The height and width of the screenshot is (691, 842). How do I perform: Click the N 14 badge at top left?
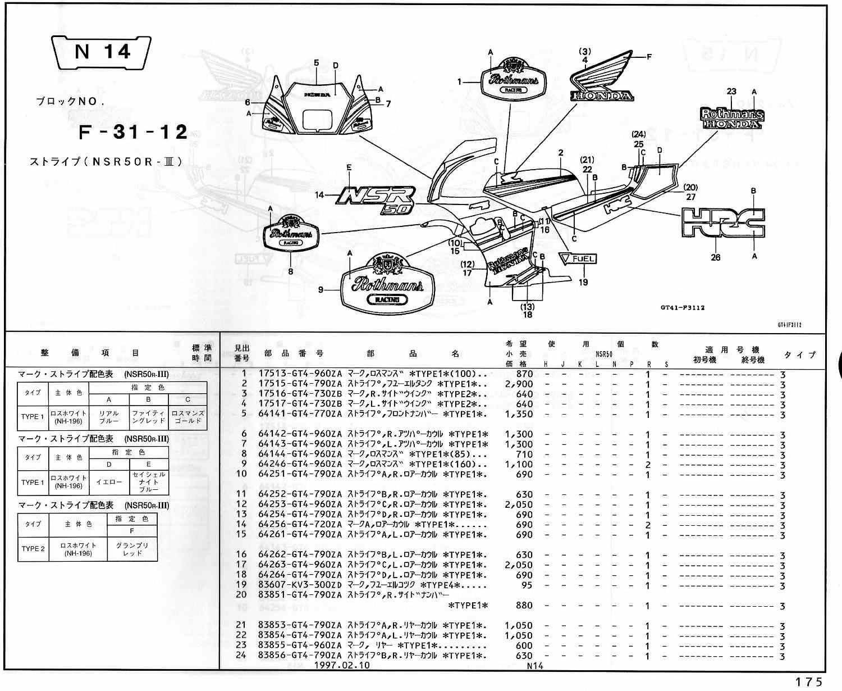point(102,52)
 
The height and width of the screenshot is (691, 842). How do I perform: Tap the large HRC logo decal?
point(722,222)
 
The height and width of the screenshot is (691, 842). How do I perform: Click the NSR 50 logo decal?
point(376,199)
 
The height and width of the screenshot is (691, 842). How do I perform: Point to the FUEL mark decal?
point(578,260)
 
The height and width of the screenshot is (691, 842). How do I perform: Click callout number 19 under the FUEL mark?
point(583,282)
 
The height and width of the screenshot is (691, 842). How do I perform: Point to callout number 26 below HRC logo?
point(716,258)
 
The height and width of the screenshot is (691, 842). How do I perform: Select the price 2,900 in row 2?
point(519,384)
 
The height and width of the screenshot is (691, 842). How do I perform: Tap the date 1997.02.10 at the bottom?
point(342,666)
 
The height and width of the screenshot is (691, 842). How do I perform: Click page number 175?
point(808,682)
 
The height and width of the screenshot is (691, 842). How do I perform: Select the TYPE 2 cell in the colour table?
point(33,548)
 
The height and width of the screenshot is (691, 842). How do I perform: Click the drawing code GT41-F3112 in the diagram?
point(682,307)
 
